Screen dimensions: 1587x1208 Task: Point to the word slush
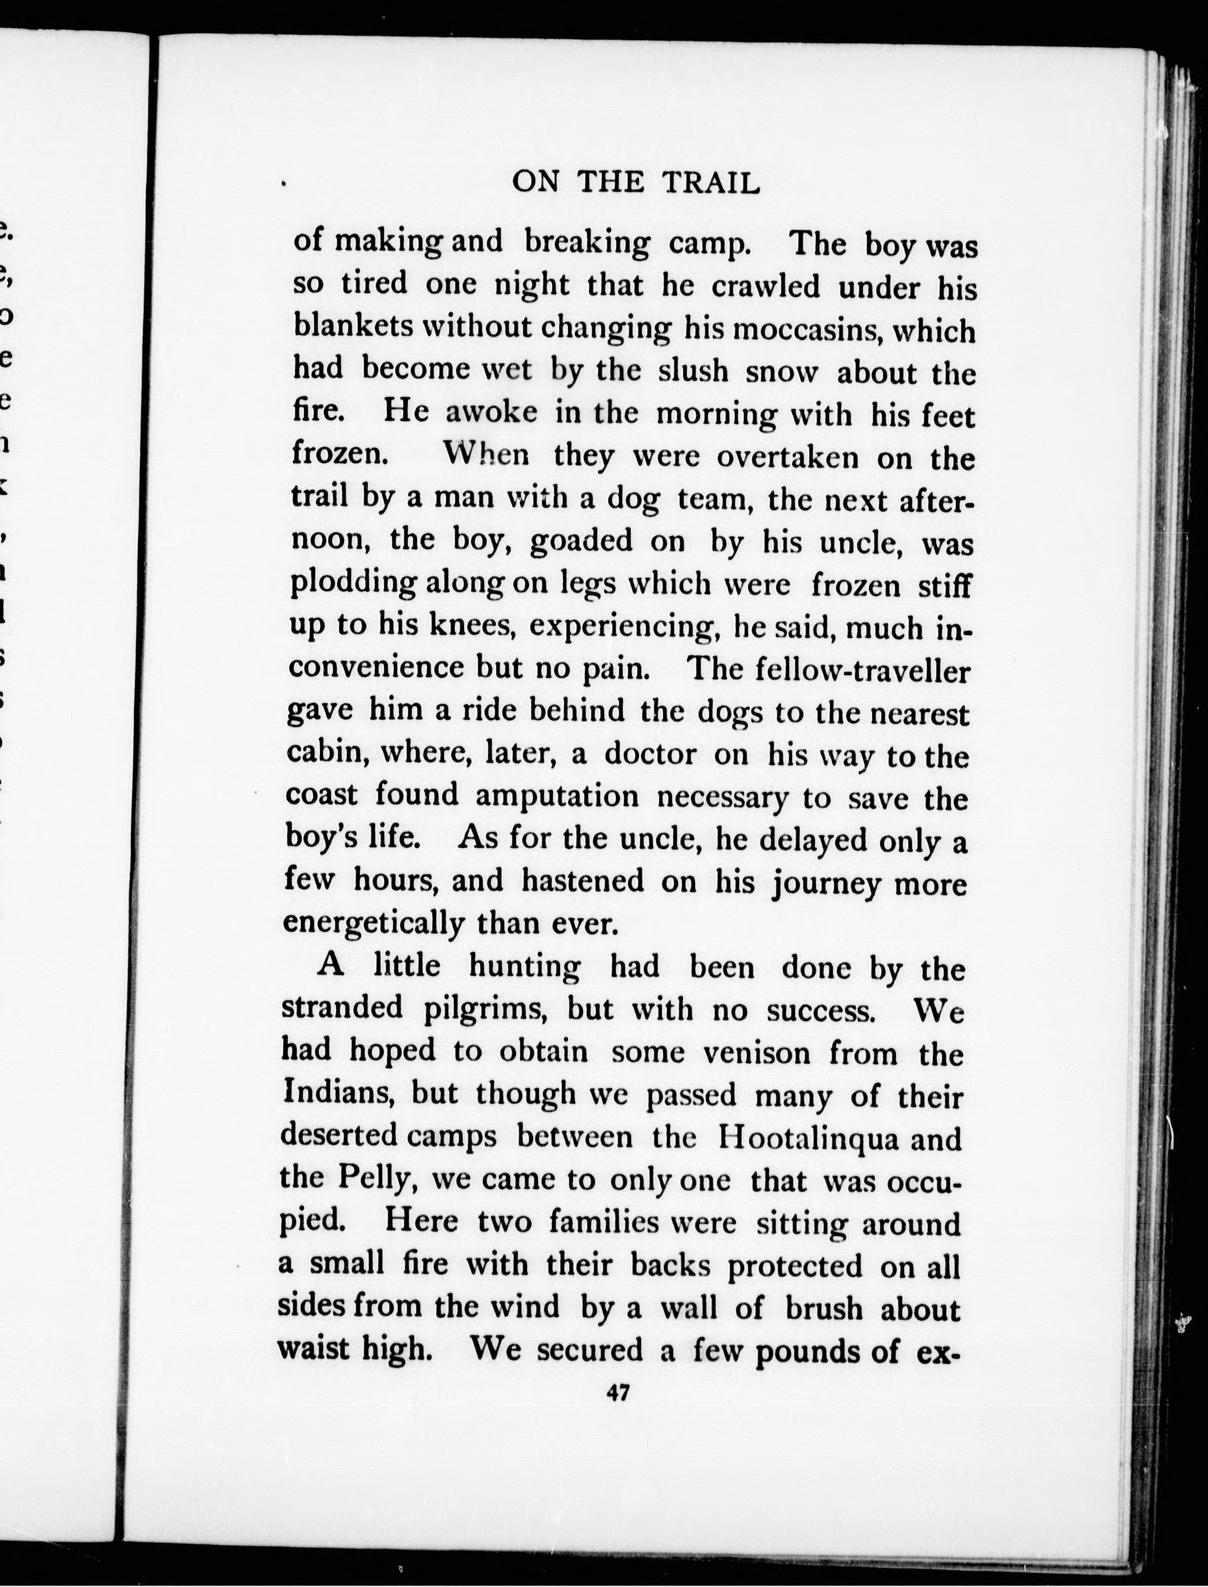click(x=693, y=371)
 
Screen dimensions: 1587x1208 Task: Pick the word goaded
click(x=581, y=541)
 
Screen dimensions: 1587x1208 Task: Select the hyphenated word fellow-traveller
click(x=863, y=671)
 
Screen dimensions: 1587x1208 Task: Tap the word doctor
click(x=650, y=754)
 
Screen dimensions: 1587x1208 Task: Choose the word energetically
click(x=373, y=923)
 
